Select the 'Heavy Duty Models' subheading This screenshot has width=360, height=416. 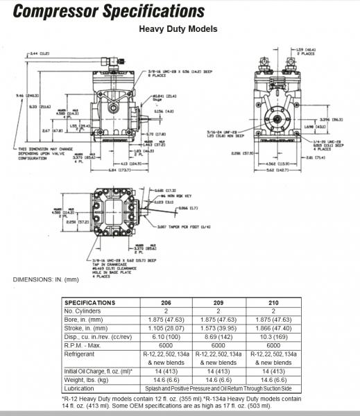click(x=178, y=29)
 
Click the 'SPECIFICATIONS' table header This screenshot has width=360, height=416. click(x=89, y=303)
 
